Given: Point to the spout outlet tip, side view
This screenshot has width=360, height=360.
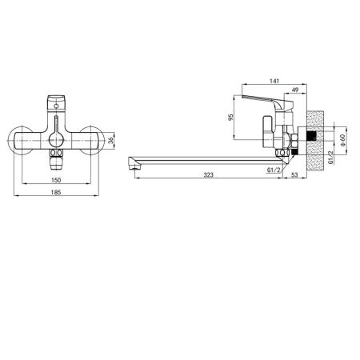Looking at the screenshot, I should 133,166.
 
